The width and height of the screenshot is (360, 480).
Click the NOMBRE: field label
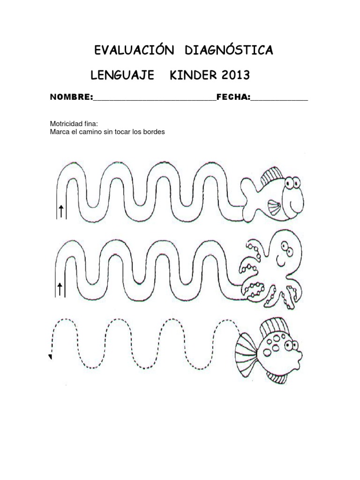[x=71, y=97]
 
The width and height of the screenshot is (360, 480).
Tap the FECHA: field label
[x=233, y=97]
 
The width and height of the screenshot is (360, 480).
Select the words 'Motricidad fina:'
[x=74, y=124]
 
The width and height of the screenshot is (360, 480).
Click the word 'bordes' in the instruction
[x=153, y=132]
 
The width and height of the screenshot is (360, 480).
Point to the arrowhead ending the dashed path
[x=50, y=357]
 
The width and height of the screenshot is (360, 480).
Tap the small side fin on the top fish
[x=274, y=207]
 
